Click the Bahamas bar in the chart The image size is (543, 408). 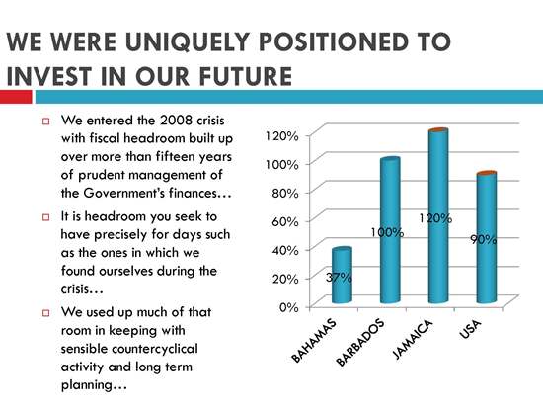pyautogui.click(x=342, y=276)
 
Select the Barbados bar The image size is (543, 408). pyautogui.click(x=390, y=230)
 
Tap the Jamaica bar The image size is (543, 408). pyautogui.click(x=438, y=216)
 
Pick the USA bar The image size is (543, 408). pyautogui.click(x=486, y=237)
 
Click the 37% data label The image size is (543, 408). pyautogui.click(x=339, y=278)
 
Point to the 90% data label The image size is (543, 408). pyautogui.click(x=484, y=239)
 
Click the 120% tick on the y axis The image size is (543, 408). pyautogui.click(x=281, y=136)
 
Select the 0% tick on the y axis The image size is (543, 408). pyautogui.click(x=289, y=307)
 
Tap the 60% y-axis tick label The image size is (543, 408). pyautogui.click(x=285, y=221)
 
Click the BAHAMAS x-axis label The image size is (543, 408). pyautogui.click(x=314, y=341)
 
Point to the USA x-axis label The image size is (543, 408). pyautogui.click(x=470, y=329)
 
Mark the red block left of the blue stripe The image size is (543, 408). pyautogui.click(x=16, y=97)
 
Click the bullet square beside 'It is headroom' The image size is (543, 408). pyautogui.click(x=46, y=217)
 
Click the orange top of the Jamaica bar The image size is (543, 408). pyautogui.click(x=438, y=130)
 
